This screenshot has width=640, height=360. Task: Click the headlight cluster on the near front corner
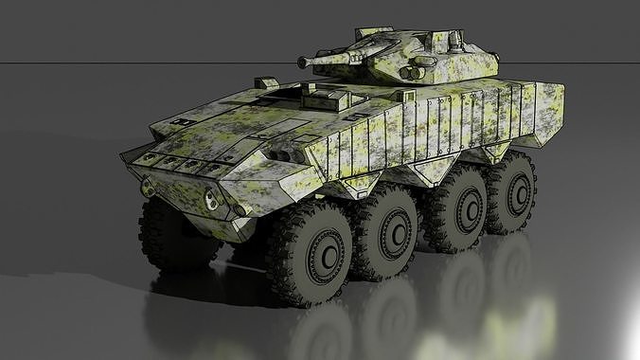[x=215, y=200]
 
